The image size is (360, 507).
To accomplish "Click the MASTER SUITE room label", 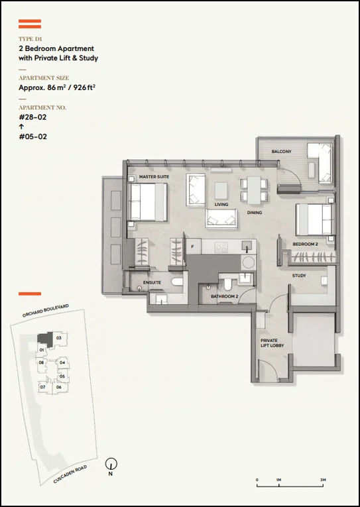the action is click(x=154, y=177).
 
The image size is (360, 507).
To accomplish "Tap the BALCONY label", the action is click(x=281, y=151).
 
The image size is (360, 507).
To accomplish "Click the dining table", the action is click(x=254, y=190).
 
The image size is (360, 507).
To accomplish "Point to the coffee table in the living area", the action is click(x=221, y=190).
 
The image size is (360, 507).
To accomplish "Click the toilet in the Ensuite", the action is click(x=177, y=282).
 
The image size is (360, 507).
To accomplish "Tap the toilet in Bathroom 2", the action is click(x=227, y=284).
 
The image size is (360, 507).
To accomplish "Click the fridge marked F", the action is click(x=193, y=247).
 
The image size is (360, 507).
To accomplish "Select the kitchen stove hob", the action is click(x=221, y=247).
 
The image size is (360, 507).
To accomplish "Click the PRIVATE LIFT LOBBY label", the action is click(x=272, y=343).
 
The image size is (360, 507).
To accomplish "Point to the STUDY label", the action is click(x=299, y=276).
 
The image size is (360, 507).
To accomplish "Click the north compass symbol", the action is click(x=111, y=464).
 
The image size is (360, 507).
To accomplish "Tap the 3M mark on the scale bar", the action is click(x=323, y=480).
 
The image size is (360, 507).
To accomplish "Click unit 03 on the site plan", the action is click(x=59, y=338).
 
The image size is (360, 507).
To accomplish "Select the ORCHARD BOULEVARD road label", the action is click(x=46, y=311).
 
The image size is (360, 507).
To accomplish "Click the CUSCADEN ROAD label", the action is click(x=70, y=475).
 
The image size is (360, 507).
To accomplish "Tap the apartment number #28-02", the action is click(x=32, y=117).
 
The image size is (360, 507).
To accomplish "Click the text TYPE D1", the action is click(x=30, y=39).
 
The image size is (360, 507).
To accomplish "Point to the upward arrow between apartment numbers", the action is click(x=21, y=127).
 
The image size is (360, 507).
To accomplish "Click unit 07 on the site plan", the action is click(x=42, y=387).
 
